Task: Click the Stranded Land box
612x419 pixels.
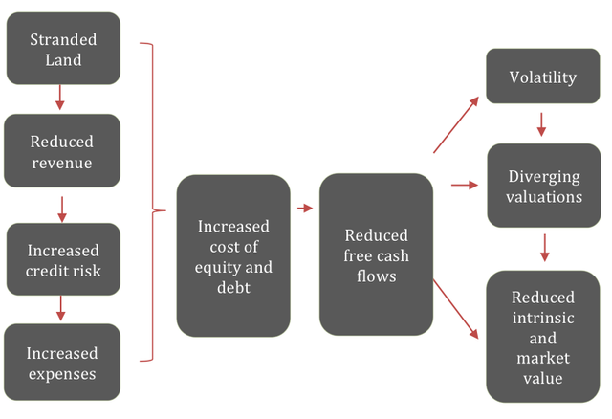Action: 63,49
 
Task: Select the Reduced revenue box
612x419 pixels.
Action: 62,151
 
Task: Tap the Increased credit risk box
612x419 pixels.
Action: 63,259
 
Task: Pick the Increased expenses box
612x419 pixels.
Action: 62,362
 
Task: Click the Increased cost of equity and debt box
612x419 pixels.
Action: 233,254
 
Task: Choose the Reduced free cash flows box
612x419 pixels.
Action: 376,254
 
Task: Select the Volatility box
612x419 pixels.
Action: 542,77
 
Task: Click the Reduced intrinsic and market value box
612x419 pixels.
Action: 542,336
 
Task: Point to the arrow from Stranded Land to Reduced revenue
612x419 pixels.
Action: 60,98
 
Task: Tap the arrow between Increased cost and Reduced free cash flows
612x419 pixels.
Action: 305,208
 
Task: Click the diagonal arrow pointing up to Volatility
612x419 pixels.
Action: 455,124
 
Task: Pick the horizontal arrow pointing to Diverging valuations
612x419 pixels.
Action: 464,185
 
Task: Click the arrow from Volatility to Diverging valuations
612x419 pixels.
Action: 542,124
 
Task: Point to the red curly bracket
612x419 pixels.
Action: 153,203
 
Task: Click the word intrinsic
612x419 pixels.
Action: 542,318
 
